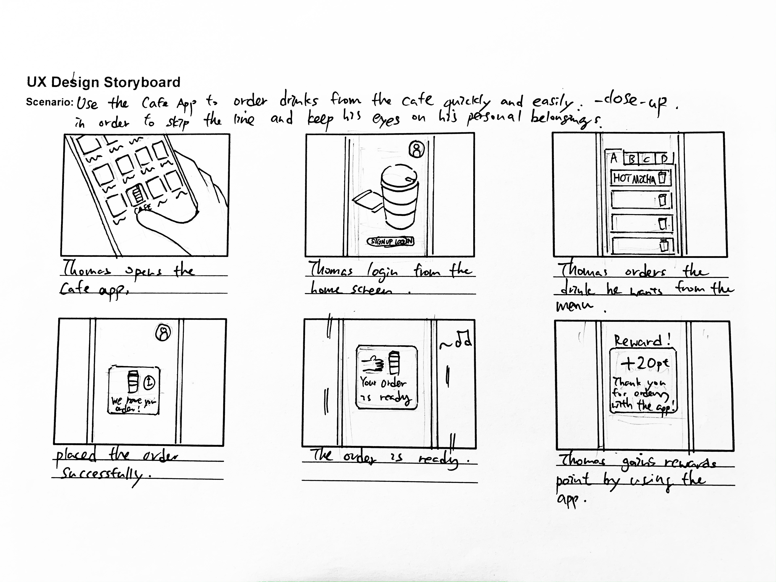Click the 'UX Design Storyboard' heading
click(x=103, y=82)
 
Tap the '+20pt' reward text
click(x=645, y=363)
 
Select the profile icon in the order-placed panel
click(x=163, y=333)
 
